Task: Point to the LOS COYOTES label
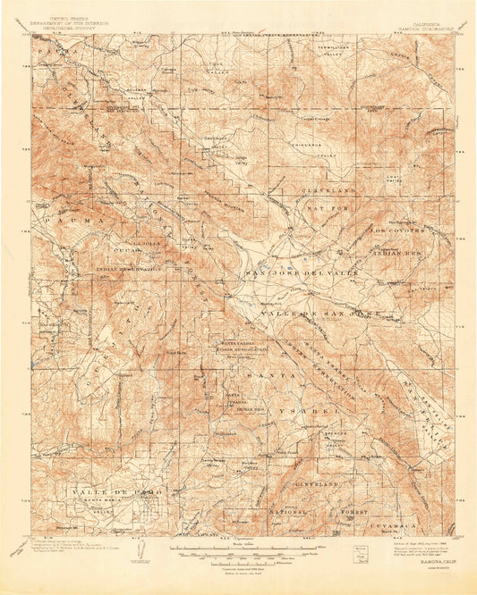point(397,229)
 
